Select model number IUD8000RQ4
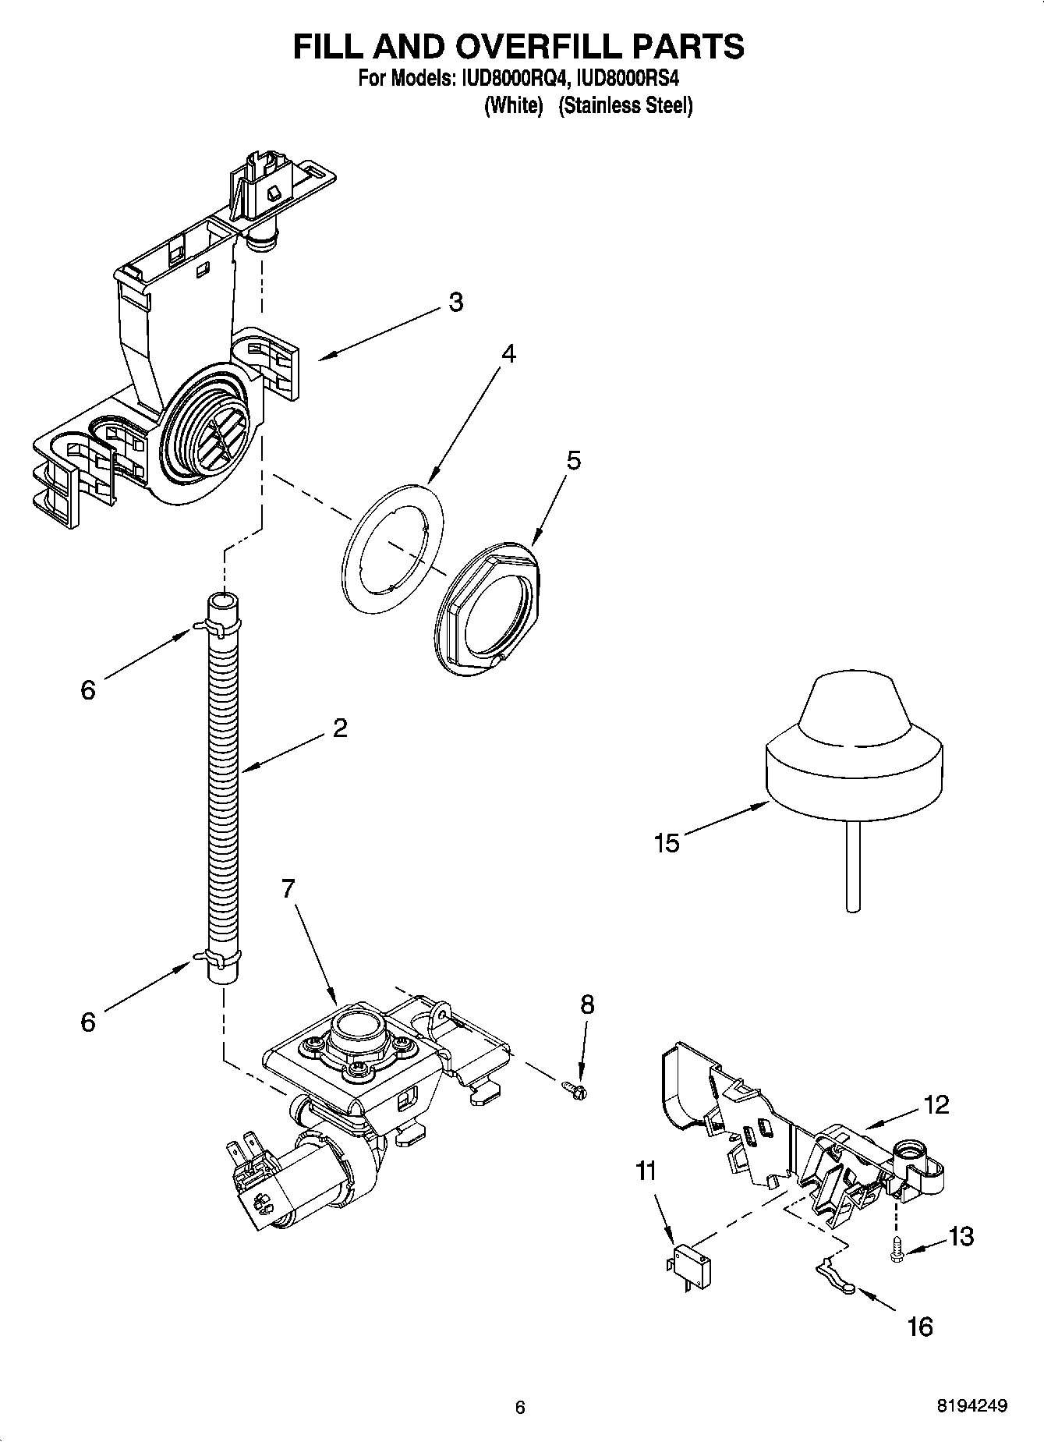coord(514,79)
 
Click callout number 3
coord(455,302)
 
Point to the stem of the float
coord(853,866)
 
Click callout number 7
coord(288,888)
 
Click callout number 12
coord(936,1104)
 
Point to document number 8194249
coord(971,1407)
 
